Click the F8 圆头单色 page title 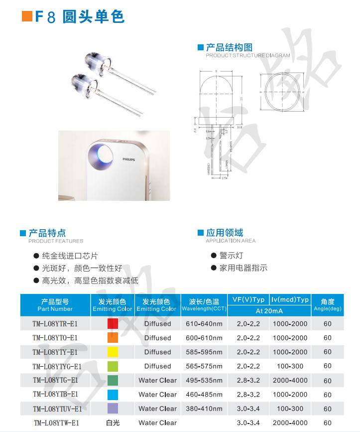[79, 16]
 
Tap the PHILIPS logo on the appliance [128, 159]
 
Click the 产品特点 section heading [47, 233]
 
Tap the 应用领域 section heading [225, 233]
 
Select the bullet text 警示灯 [231, 256]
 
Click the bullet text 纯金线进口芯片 [70, 256]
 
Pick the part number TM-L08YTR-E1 [55, 324]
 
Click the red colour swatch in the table [113, 324]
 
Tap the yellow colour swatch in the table [113, 352]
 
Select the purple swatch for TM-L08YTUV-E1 [113, 409]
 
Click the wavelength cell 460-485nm [204, 395]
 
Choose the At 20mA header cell [269, 311]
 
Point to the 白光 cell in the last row [113, 423]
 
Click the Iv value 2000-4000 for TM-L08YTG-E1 [290, 380]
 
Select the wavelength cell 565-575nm [204, 366]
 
